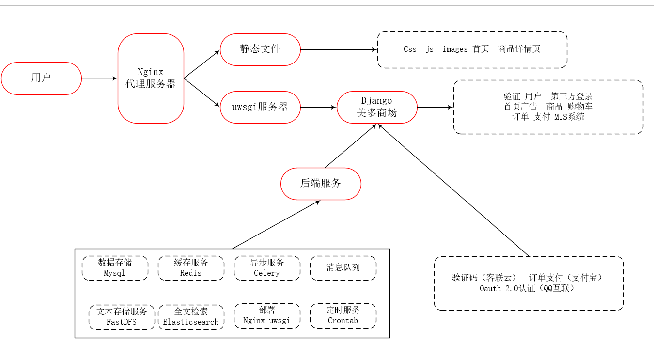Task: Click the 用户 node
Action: [41, 78]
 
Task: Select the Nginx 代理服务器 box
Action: [151, 78]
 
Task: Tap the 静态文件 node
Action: [260, 49]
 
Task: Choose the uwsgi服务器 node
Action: [260, 107]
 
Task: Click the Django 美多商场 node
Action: [377, 107]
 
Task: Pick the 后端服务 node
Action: [321, 184]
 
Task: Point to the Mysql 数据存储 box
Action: [115, 268]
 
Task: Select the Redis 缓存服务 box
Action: [191, 268]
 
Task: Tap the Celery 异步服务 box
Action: [267, 268]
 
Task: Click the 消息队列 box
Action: [343, 268]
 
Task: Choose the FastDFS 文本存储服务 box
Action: [122, 317]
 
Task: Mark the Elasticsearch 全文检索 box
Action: [191, 317]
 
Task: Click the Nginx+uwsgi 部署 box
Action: [267, 315]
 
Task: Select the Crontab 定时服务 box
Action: [343, 315]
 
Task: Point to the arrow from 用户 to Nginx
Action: [99, 78]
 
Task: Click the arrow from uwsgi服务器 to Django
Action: [319, 107]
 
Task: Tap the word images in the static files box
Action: [455, 49]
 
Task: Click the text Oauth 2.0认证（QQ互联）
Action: [527, 289]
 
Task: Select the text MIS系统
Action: [569, 117]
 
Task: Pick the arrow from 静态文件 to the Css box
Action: [339, 49]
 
